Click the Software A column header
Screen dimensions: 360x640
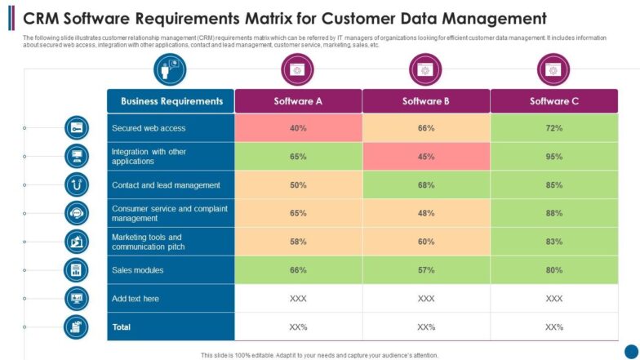pos(298,101)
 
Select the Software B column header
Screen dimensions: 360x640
pos(426,101)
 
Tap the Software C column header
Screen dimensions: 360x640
pos(554,101)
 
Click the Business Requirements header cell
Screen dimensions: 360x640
pos(171,101)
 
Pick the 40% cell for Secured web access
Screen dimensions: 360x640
pos(298,128)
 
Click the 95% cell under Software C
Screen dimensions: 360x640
pos(554,157)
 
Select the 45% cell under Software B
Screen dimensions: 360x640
pos(426,157)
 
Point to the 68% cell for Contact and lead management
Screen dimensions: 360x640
pos(426,185)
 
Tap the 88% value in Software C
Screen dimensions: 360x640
pos(554,214)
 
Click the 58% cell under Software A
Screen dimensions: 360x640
pos(298,242)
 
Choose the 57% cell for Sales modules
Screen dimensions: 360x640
pos(426,270)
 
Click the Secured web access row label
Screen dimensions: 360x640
pos(149,128)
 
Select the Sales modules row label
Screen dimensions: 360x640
pos(138,270)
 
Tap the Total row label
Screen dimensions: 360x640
pos(121,327)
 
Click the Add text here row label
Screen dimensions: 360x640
pos(136,299)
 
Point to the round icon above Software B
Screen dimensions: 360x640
pos(425,70)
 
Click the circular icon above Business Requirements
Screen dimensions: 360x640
pos(170,70)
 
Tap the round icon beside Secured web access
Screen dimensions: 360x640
pos(77,128)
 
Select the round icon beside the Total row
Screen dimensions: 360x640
pos(77,327)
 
